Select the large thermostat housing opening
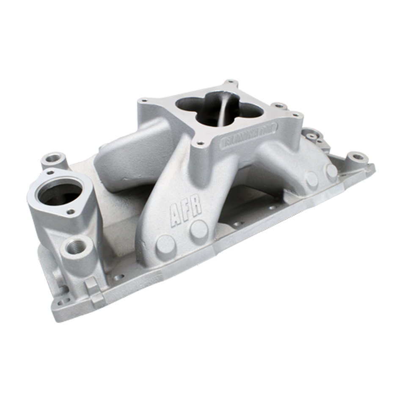pyautogui.click(x=60, y=193)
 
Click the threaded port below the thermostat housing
pyautogui.click(x=76, y=246)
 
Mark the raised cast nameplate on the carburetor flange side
pyautogui.click(x=250, y=135)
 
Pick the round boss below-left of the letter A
pyautogui.click(x=165, y=245)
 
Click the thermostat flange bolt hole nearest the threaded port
pyautogui.click(x=72, y=211)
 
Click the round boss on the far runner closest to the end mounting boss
pyautogui.click(x=331, y=171)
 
